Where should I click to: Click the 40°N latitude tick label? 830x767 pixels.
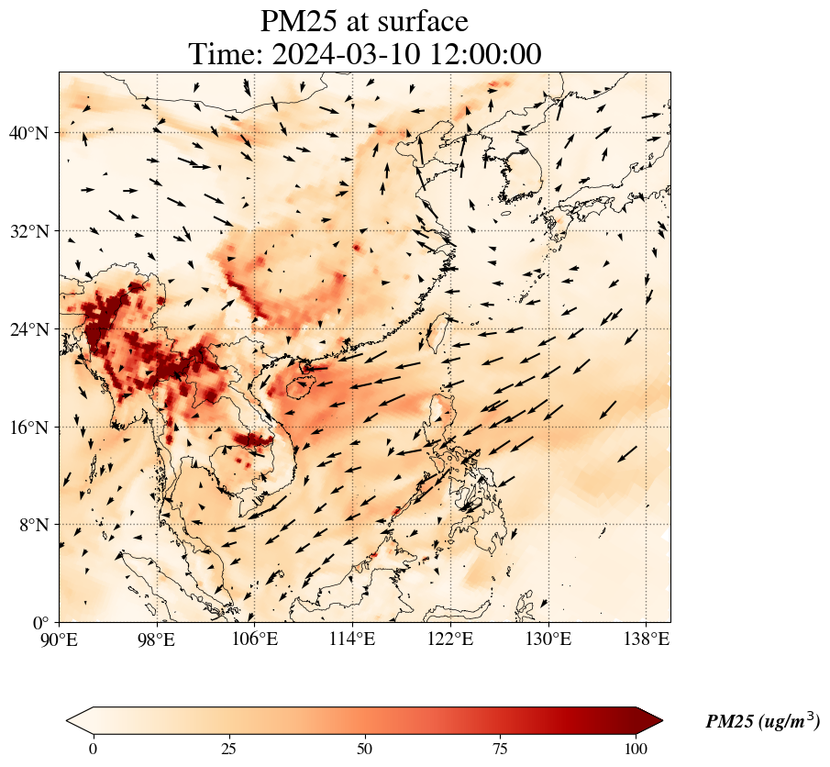(x=33, y=134)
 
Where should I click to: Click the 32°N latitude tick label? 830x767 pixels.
(x=33, y=232)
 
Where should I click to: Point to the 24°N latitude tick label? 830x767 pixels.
(x=33, y=329)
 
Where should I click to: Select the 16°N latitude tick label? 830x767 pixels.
(x=33, y=428)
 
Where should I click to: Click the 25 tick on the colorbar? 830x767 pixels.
(x=229, y=748)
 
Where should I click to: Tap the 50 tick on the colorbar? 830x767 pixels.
(x=365, y=748)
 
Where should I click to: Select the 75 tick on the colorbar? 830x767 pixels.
(x=501, y=748)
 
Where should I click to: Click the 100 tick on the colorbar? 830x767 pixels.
(x=636, y=748)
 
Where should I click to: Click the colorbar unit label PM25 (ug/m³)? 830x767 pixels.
(x=762, y=722)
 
